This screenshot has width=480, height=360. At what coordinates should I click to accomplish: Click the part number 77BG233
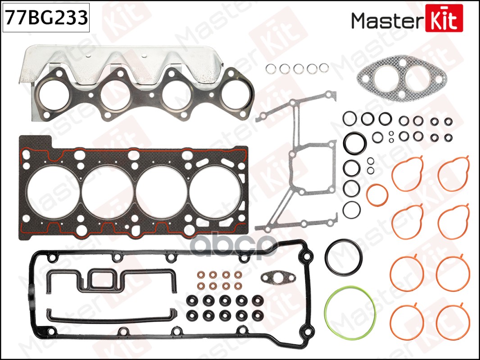(x=45, y=18)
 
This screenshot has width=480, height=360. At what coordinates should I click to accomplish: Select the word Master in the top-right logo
(x=386, y=20)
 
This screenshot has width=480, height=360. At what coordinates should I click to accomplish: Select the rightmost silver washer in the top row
(x=324, y=68)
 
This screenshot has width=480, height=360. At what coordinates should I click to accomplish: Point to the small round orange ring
(x=377, y=195)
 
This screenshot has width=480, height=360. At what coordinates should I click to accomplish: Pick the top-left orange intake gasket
(x=408, y=173)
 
